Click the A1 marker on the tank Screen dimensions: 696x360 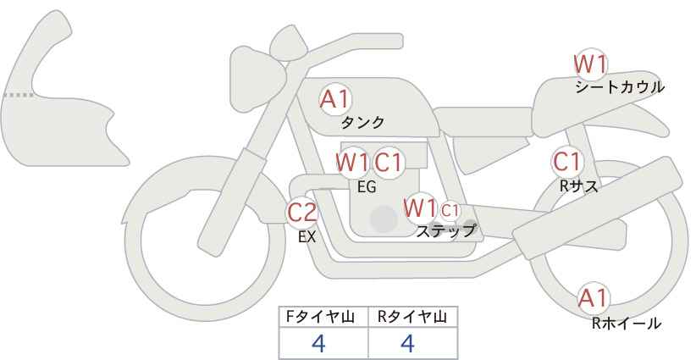point(335,99)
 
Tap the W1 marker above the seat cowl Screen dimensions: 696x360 point(590,64)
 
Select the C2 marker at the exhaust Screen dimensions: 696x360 point(301,212)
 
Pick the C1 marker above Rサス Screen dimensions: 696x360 point(567,162)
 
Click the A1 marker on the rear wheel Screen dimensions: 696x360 point(593,298)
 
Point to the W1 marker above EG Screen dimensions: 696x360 point(352,162)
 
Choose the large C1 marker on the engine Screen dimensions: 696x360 point(388,162)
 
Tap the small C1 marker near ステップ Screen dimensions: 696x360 point(450,210)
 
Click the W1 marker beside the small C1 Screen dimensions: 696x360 point(420,208)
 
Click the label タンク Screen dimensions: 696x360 point(362,122)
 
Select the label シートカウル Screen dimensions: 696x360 point(620,87)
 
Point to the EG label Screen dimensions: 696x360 point(367,187)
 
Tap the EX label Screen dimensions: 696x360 point(307,237)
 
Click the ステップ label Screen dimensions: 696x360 point(445,231)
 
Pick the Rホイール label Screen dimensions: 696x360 point(627,324)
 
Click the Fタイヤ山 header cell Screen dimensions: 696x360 point(323,317)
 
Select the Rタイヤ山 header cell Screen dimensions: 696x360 point(413,317)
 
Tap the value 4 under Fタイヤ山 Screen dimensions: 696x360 point(318,343)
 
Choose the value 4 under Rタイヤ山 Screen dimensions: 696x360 point(407,343)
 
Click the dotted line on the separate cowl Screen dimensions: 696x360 point(19,95)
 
